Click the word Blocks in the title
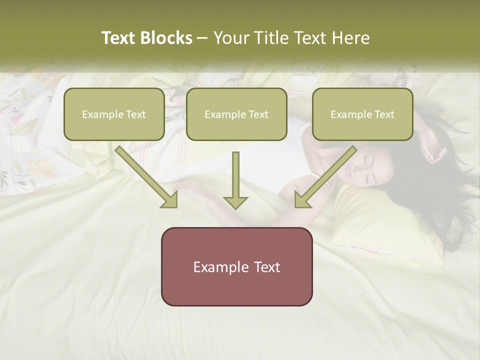tap(166, 38)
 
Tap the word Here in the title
tap(351, 38)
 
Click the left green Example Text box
tap(114, 114)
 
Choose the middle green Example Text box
tap(236, 114)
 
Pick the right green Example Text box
tap(362, 114)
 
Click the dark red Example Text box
tap(236, 266)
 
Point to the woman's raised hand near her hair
tap(431, 147)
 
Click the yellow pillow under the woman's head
tap(380, 225)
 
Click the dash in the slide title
tap(202, 38)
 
